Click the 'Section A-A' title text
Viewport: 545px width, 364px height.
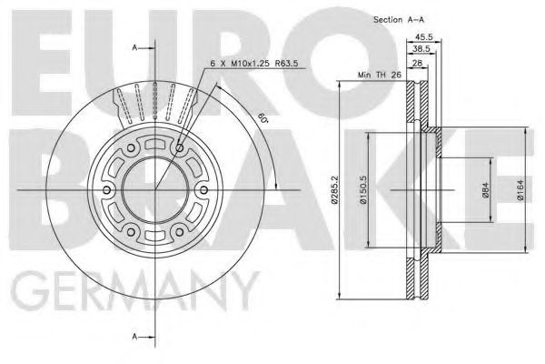coord(401,19)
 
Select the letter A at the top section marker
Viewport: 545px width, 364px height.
coord(134,46)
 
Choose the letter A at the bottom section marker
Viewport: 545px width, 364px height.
coord(134,336)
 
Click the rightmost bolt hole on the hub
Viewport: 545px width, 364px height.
coord(205,190)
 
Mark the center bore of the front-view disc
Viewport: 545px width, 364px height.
coord(156,190)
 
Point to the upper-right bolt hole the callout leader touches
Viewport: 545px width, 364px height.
coord(181,147)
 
